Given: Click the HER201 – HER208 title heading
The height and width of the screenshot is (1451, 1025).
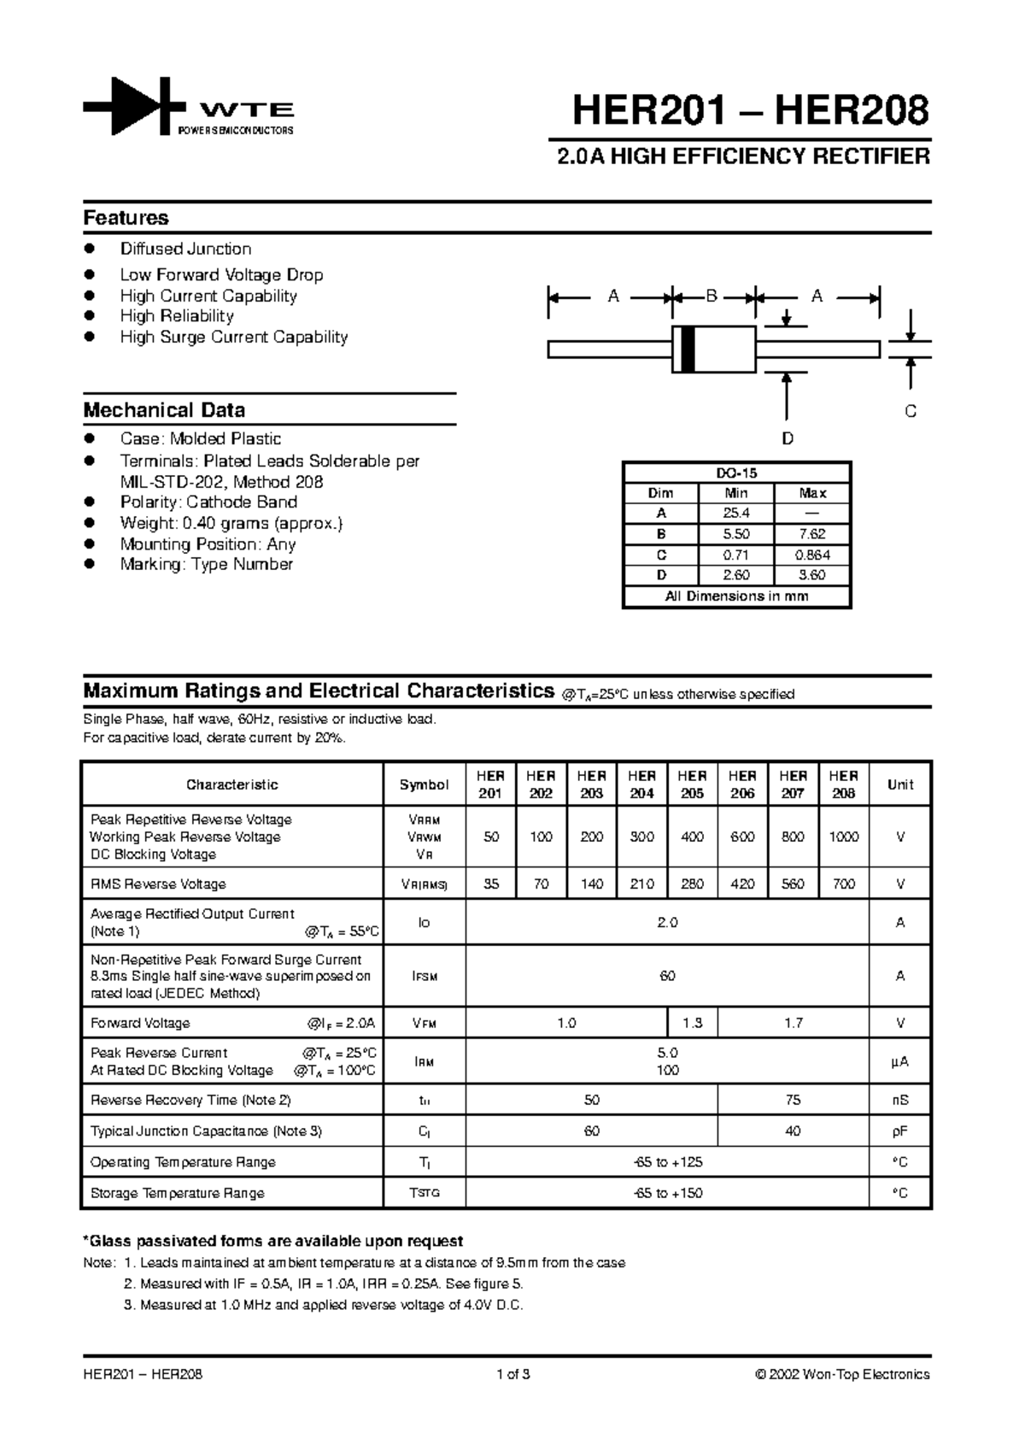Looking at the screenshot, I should pyautogui.click(x=750, y=110).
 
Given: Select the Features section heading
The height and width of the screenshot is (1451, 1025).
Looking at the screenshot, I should pyautogui.click(x=126, y=218).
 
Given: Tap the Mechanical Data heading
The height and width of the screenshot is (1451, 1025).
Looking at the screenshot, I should pyautogui.click(x=164, y=410).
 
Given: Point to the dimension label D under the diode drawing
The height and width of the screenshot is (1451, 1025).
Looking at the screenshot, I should pyautogui.click(x=788, y=438).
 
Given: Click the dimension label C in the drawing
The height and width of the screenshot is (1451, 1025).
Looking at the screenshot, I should pyautogui.click(x=911, y=412).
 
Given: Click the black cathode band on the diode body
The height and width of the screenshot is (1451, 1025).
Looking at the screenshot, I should pyautogui.click(x=688, y=349).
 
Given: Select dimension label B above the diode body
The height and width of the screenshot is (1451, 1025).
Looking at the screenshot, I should pyautogui.click(x=712, y=297).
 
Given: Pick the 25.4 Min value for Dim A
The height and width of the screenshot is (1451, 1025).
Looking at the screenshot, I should pyautogui.click(x=736, y=514).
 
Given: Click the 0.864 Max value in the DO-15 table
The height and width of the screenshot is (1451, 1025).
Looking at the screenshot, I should pyautogui.click(x=812, y=555).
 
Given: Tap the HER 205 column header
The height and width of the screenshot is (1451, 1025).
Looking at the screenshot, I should pyautogui.click(x=692, y=784).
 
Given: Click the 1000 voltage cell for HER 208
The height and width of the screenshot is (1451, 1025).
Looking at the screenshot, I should pyautogui.click(x=843, y=837).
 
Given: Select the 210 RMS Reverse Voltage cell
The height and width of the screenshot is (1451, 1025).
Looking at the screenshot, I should pyautogui.click(x=641, y=884).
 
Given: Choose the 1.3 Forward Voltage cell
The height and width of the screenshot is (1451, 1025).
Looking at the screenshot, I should pyautogui.click(x=692, y=1023).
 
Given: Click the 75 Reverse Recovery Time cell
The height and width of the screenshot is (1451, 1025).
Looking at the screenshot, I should pyautogui.click(x=793, y=1100).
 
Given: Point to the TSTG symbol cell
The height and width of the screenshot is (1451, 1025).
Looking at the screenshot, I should pyautogui.click(x=425, y=1193).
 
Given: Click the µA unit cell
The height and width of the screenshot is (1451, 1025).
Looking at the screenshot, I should pyautogui.click(x=899, y=1061).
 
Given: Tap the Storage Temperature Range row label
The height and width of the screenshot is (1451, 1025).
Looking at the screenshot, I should pyautogui.click(x=177, y=1193).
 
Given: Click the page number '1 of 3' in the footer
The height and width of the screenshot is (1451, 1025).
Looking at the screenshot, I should pyautogui.click(x=513, y=1375).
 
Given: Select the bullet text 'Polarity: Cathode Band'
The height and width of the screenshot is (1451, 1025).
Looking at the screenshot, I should pyautogui.click(x=208, y=502).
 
